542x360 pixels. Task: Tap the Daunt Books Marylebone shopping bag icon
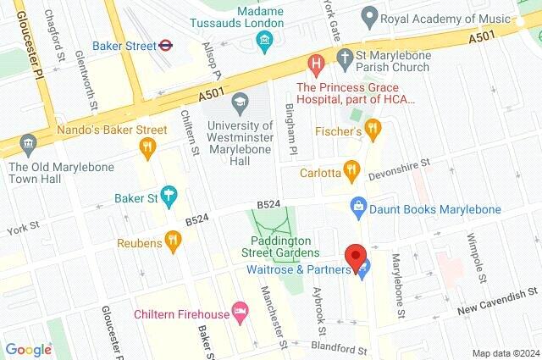click(359, 205)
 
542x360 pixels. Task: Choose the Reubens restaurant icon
click(174, 241)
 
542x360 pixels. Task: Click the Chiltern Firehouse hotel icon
click(240, 313)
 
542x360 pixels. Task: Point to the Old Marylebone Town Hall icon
click(30, 143)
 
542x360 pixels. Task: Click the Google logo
click(28, 349)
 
